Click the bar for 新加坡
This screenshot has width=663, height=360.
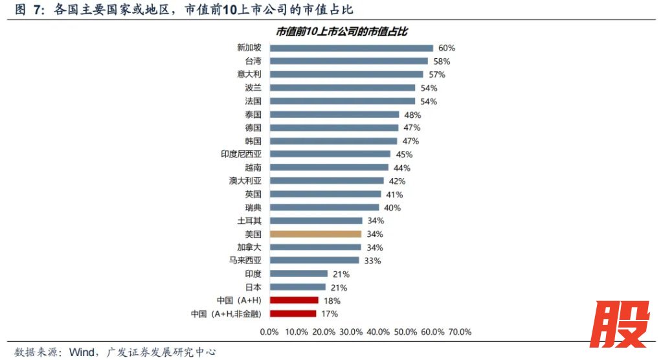click(x=351, y=47)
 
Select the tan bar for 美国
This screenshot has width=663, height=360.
click(x=315, y=234)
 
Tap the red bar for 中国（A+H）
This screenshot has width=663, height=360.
click(x=294, y=300)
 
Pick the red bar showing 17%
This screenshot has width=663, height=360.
click(x=293, y=313)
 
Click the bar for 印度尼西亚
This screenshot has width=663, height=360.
click(x=330, y=154)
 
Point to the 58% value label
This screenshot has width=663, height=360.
click(x=442, y=61)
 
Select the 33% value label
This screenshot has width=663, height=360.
click(x=372, y=260)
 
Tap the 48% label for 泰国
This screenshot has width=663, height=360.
click(x=412, y=115)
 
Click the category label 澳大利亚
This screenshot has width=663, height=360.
click(x=245, y=181)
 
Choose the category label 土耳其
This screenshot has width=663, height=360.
click(x=249, y=221)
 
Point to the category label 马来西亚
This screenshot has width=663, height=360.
click(x=245, y=260)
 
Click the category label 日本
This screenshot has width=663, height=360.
click(x=253, y=287)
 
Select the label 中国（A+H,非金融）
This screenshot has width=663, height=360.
click(x=226, y=313)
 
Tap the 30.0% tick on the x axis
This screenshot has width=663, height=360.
click(x=350, y=332)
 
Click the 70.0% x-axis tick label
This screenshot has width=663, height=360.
click(x=459, y=332)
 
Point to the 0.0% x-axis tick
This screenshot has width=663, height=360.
click(x=269, y=332)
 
